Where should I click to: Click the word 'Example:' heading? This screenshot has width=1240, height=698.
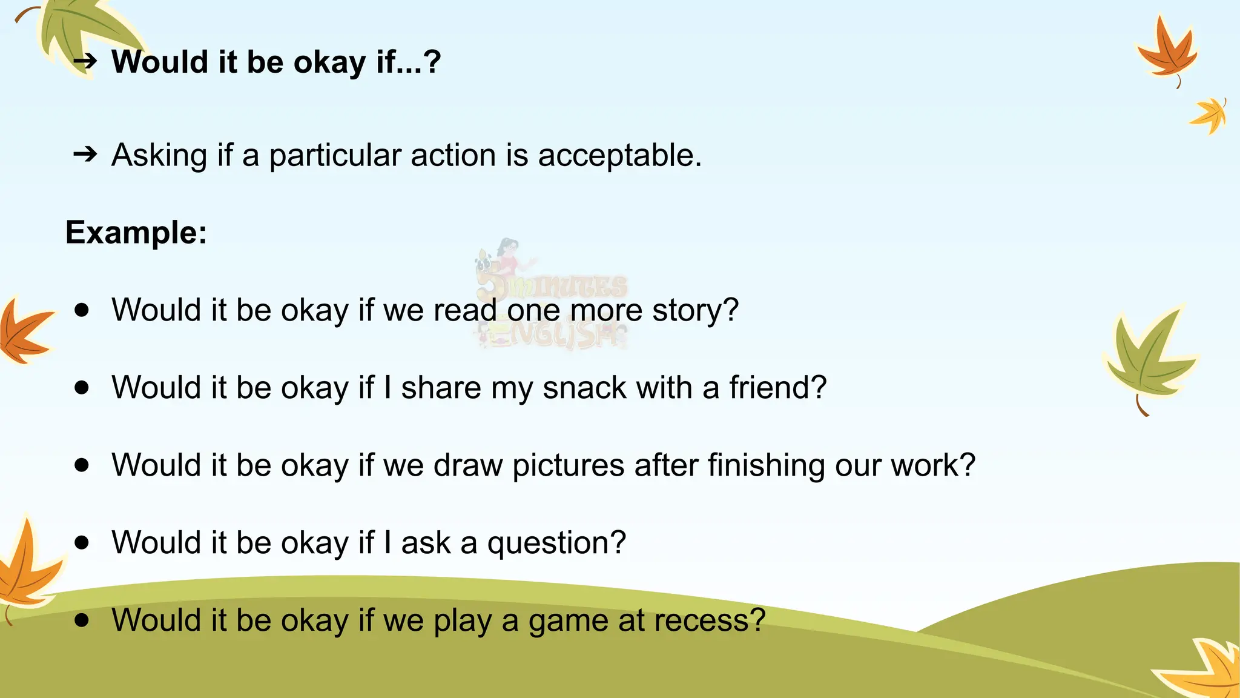click(136, 233)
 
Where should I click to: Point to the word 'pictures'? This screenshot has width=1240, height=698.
click(568, 465)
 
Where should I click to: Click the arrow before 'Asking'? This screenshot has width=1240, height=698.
click(85, 155)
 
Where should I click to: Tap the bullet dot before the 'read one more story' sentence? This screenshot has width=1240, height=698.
click(82, 310)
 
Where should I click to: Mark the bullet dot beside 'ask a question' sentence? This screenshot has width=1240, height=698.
click(82, 542)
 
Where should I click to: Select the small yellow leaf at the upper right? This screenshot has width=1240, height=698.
click(1210, 115)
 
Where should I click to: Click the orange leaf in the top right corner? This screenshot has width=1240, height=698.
click(1167, 52)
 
